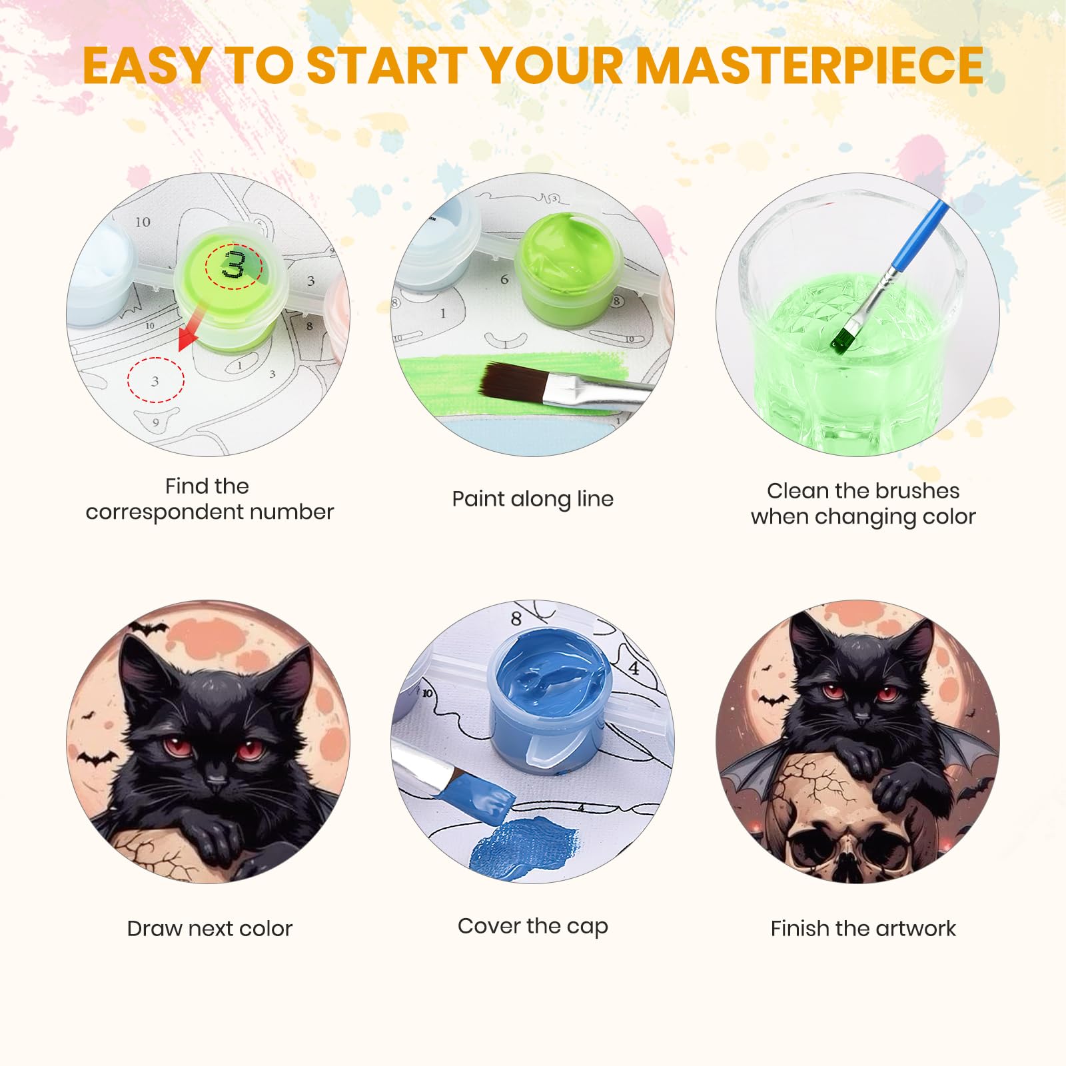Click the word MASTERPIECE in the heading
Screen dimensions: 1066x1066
[x=809, y=65]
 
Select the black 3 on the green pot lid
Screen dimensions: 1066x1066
[x=233, y=265]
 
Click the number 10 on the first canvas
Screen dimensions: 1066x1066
[x=143, y=222]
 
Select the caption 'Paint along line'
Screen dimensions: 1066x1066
[x=532, y=499]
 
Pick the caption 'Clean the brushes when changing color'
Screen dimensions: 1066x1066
[x=863, y=504]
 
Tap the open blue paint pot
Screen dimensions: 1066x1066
[x=550, y=703]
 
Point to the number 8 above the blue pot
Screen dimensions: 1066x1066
[x=516, y=619]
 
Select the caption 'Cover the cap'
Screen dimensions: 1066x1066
[x=532, y=926]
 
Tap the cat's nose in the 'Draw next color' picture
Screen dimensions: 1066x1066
[x=217, y=778]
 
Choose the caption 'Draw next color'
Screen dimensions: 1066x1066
[x=209, y=928]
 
